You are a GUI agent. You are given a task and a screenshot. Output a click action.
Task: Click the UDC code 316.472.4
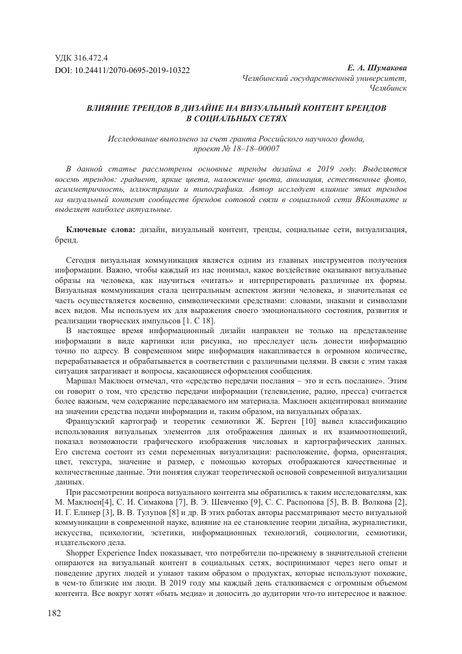point(91,58)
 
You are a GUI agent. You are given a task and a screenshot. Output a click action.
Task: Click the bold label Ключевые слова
point(100,230)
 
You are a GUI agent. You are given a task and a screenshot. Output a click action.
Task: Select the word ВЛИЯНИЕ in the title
point(109,108)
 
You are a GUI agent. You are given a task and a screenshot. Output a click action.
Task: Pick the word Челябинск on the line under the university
point(388,87)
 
